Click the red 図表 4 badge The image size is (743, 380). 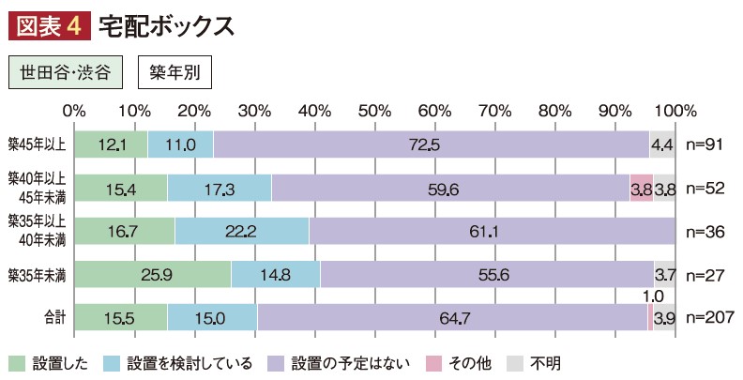48,25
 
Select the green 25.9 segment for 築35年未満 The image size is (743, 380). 152,274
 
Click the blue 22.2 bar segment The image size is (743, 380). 242,231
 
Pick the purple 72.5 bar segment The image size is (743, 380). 431,144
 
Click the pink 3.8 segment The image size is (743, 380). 641,188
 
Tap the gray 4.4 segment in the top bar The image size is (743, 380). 662,144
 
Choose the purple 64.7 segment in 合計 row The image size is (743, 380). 452,318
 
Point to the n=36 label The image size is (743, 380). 705,231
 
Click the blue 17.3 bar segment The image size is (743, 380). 219,188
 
